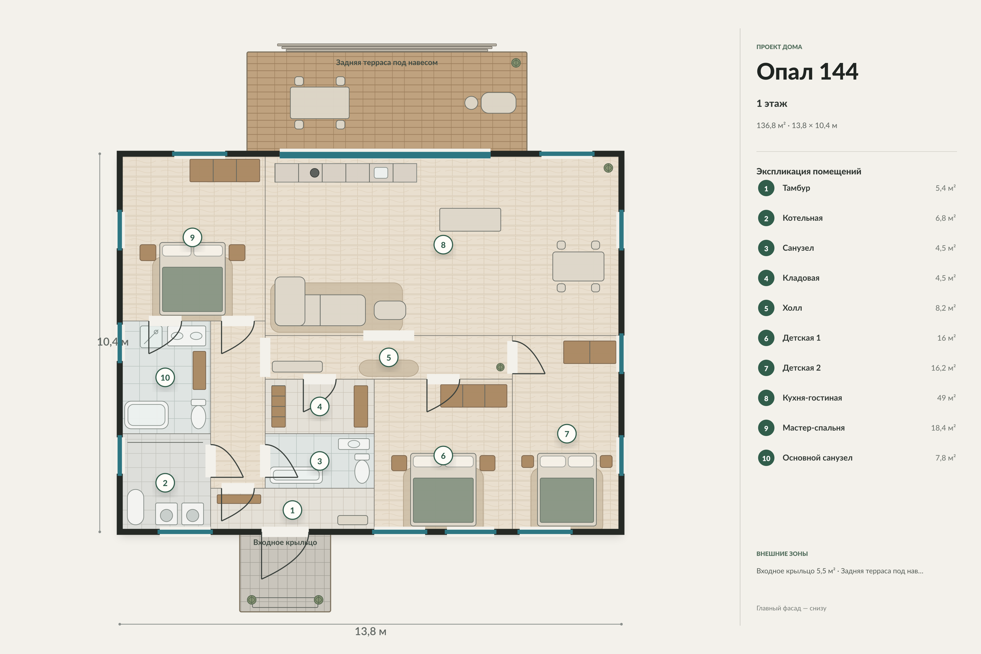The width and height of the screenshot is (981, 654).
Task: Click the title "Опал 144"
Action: click(x=807, y=71)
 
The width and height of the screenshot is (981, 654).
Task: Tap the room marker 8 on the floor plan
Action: click(x=443, y=245)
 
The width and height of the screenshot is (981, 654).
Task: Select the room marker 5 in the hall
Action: click(x=388, y=358)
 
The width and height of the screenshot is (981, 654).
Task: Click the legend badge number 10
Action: click(x=766, y=458)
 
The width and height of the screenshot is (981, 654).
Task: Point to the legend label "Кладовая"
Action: click(x=801, y=278)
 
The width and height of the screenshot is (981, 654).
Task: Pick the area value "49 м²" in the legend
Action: click(x=946, y=398)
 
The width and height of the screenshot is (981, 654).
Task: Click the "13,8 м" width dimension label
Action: click(x=370, y=631)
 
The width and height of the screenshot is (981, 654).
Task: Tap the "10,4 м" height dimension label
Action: click(x=113, y=342)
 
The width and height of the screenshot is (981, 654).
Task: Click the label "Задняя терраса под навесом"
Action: click(x=387, y=63)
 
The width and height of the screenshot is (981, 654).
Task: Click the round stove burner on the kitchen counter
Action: click(x=314, y=173)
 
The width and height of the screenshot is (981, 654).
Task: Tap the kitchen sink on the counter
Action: click(x=381, y=173)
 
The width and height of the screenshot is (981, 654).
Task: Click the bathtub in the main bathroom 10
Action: click(x=146, y=415)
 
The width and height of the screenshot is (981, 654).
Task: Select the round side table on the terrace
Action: click(x=471, y=103)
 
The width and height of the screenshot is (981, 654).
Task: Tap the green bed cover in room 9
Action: click(x=192, y=289)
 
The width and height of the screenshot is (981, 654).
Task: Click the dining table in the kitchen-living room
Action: click(x=578, y=266)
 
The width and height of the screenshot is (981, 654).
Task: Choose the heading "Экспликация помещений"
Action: click(x=808, y=171)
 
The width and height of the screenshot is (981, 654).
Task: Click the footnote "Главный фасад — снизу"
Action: click(x=791, y=608)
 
